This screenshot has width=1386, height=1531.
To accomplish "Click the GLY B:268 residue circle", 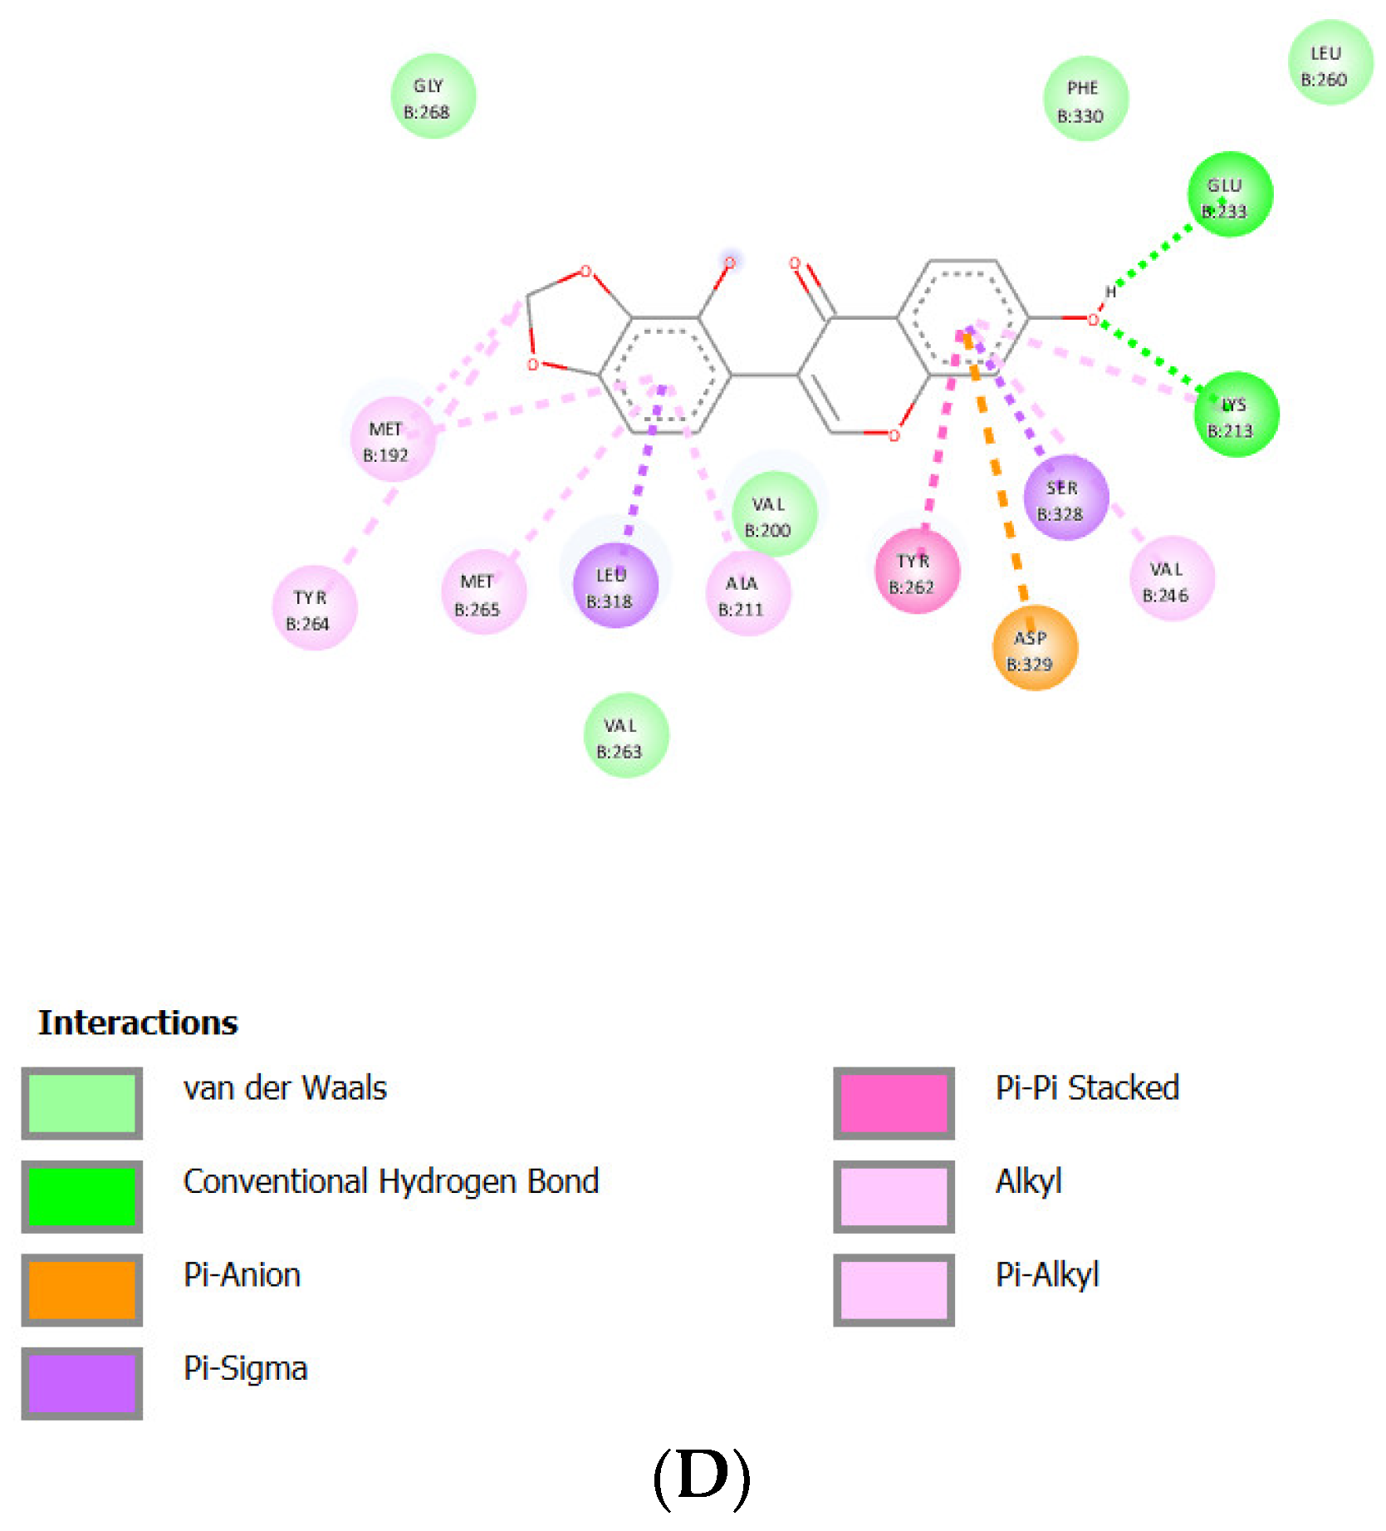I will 433,96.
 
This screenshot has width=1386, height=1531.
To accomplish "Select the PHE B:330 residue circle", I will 1085,99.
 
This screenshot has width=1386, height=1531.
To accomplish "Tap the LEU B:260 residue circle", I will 1330,63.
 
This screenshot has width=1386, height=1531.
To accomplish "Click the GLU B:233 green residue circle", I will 1229,195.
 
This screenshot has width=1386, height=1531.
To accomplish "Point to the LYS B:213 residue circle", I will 1236,415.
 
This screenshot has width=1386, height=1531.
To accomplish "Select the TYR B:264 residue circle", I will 314,608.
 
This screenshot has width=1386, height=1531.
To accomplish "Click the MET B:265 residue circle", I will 482,592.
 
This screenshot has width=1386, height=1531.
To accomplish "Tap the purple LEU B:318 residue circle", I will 615,586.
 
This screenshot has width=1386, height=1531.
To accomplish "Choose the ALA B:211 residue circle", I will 747,593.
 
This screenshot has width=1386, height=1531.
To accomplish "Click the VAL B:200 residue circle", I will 773,514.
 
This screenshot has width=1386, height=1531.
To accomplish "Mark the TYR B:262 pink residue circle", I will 917,572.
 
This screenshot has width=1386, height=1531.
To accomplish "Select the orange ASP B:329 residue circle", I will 1034,648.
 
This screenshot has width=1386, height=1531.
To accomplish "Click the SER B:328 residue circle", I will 1065,498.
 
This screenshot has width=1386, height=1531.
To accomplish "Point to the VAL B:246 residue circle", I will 1171,579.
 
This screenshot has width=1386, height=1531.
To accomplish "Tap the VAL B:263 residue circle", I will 625,735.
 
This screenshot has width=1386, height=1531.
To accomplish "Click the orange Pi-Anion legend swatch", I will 81,1289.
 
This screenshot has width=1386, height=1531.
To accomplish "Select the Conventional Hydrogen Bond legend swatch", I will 81,1196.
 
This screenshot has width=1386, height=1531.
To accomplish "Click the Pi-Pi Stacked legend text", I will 1087,1088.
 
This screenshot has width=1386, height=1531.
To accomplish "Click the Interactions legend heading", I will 138,1023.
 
